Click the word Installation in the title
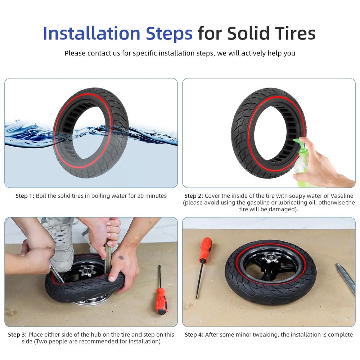click(91, 33)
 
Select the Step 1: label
click(25, 196)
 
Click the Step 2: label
click(194, 196)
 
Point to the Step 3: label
click(17, 334)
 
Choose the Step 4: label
click(194, 334)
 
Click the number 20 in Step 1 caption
click(140, 196)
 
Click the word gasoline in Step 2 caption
click(258, 203)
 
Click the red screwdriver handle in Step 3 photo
click(161, 301)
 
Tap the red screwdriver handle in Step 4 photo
click(206, 248)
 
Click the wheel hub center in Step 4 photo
click(271, 257)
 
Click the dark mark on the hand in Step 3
click(121, 257)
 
